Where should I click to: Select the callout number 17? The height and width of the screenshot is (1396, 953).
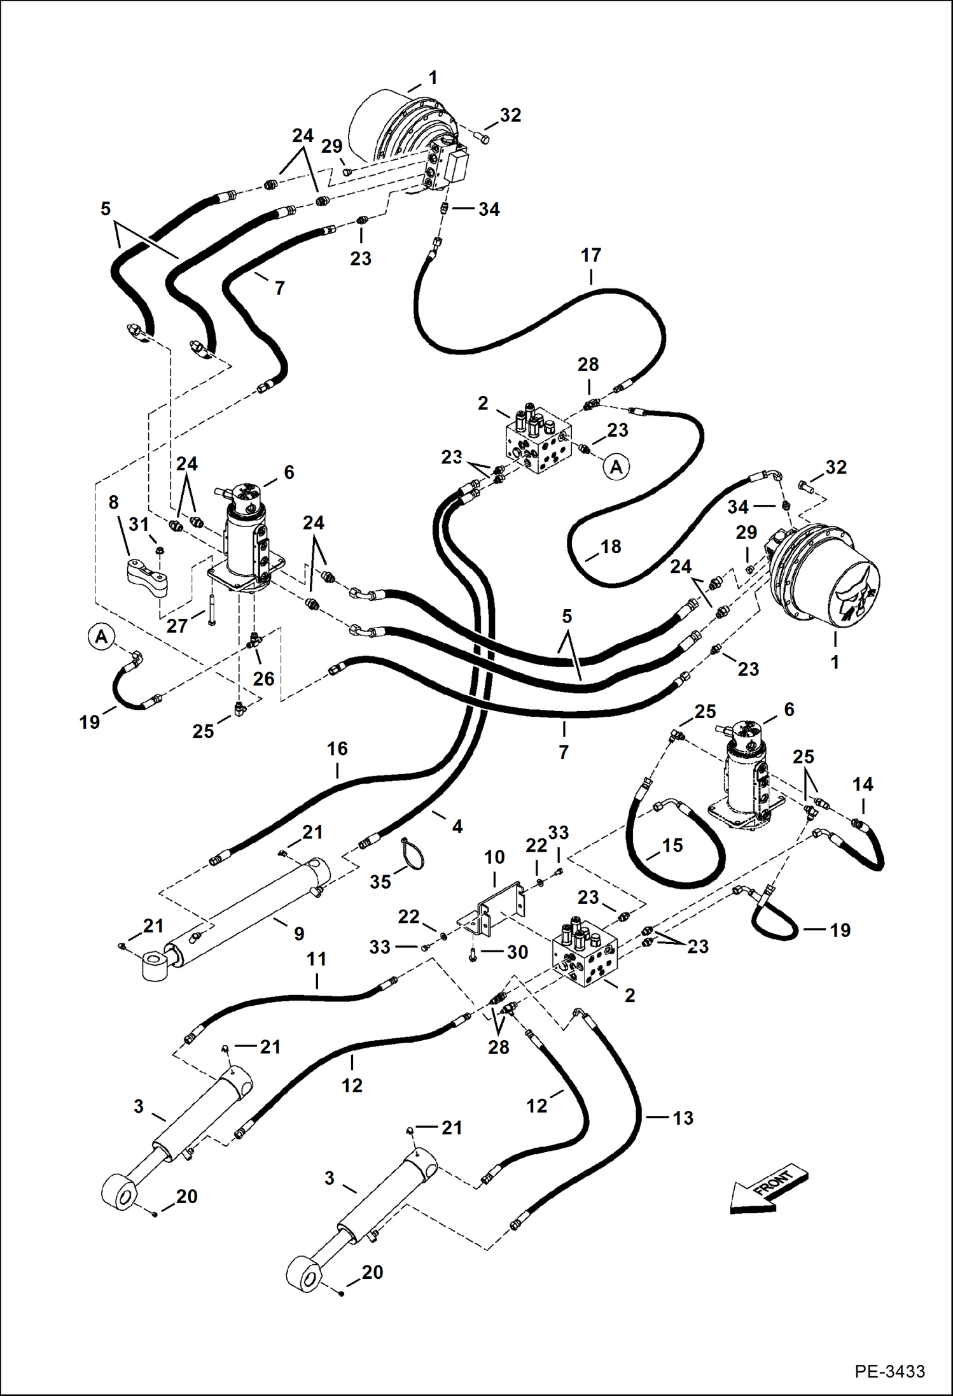pyautogui.click(x=590, y=255)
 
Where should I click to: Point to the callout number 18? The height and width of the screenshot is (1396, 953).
pyautogui.click(x=610, y=546)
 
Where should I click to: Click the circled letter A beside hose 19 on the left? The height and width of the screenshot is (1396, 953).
pyautogui.click(x=101, y=636)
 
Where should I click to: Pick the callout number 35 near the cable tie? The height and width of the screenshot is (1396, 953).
pyautogui.click(x=380, y=882)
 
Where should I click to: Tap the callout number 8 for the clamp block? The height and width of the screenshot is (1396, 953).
pyautogui.click(x=113, y=502)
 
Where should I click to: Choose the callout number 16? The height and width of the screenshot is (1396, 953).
pyautogui.click(x=337, y=749)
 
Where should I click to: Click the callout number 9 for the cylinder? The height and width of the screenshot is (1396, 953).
pyautogui.click(x=299, y=934)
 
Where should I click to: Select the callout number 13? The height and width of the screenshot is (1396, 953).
pyautogui.click(x=683, y=1118)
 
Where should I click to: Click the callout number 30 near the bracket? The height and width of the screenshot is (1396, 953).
pyautogui.click(x=517, y=952)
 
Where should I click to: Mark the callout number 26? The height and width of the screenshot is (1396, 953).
pyautogui.click(x=263, y=679)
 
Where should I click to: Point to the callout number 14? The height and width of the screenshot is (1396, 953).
pyautogui.click(x=863, y=784)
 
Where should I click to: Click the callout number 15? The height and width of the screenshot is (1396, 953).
pyautogui.click(x=672, y=845)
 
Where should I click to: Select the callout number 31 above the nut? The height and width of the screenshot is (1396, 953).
pyautogui.click(x=139, y=525)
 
